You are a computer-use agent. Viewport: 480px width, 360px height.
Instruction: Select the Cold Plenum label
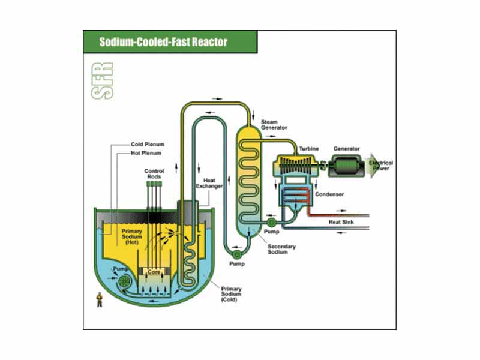tap(148, 145)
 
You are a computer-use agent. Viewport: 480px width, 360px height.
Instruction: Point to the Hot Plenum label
tap(146, 153)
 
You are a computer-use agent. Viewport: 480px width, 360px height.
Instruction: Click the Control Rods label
tap(154, 175)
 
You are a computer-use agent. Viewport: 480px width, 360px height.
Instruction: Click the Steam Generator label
tap(274, 124)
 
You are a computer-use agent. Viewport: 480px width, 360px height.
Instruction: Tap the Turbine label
tap(309, 148)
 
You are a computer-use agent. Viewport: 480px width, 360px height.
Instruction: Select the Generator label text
tap(346, 148)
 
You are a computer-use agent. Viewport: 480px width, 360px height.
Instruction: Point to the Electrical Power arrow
tap(380, 166)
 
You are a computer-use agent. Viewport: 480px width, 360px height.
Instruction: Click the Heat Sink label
tap(340, 222)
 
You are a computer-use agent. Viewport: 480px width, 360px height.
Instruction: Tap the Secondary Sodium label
tap(282, 248)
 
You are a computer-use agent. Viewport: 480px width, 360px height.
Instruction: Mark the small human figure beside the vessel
tap(100, 299)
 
